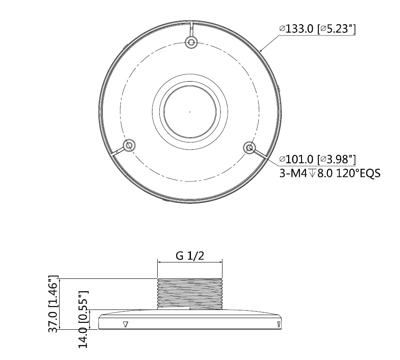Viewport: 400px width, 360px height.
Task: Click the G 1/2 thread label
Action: click(190, 256)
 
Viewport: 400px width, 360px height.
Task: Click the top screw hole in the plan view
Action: click(190, 42)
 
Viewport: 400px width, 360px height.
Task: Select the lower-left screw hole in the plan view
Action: click(129, 145)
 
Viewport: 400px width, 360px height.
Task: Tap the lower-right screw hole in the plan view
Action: click(249, 148)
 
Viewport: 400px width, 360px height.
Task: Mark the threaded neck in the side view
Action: click(190, 294)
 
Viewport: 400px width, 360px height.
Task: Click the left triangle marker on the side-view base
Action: click(125, 324)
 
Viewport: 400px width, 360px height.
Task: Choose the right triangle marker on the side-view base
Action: click(279, 324)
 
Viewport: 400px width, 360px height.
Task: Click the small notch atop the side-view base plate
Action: click(191, 308)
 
